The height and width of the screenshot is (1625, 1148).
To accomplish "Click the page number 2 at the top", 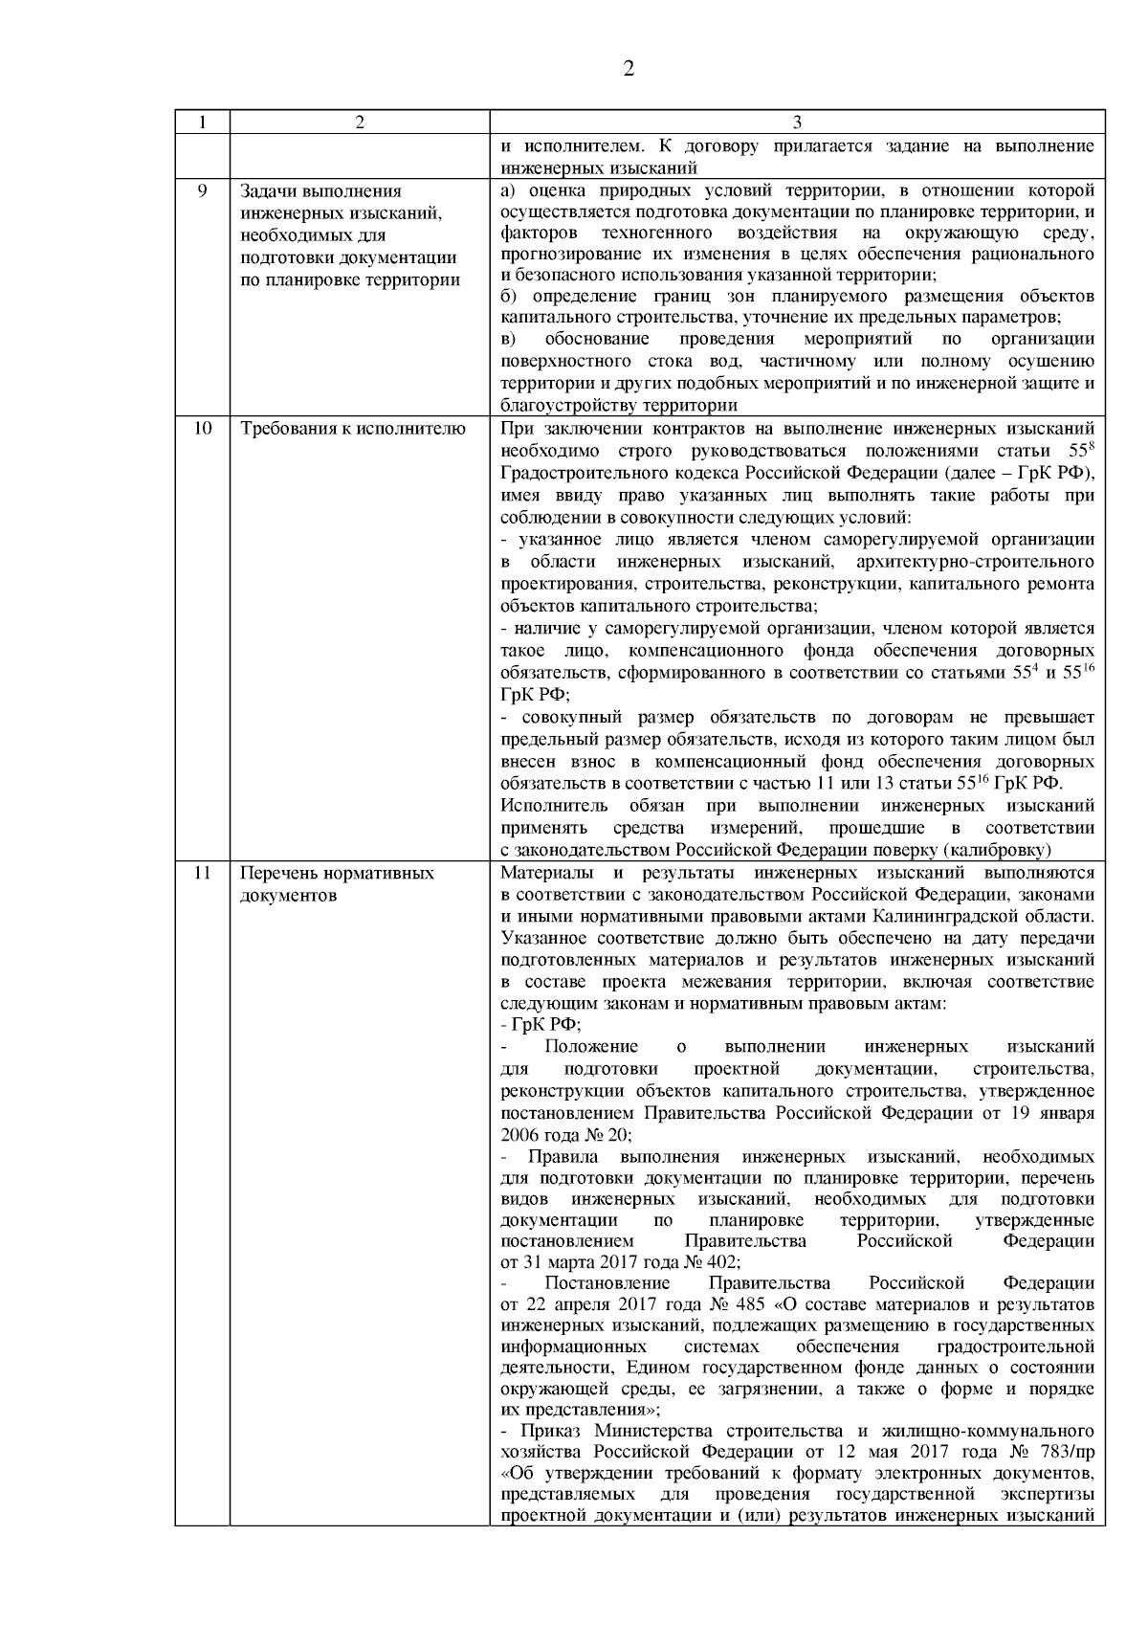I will (629, 69).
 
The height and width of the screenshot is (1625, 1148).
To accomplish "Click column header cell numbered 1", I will (202, 122).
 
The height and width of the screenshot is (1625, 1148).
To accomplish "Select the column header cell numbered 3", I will (797, 122).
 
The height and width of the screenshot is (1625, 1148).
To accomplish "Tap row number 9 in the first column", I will (202, 190).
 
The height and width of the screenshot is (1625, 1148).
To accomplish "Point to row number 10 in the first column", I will (202, 428).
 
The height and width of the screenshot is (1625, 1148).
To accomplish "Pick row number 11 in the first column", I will (202, 873).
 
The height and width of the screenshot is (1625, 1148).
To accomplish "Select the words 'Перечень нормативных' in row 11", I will (337, 873).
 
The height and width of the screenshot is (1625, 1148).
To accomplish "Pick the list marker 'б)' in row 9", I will (509, 296).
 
